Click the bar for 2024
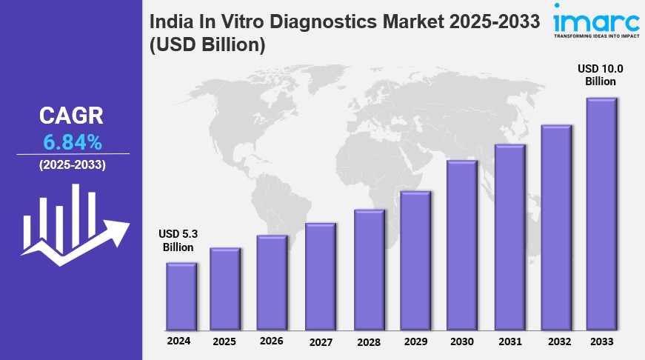[x=181, y=296]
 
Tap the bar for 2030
[x=461, y=245]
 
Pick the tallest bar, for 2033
[x=601, y=214]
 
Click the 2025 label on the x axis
[x=224, y=342]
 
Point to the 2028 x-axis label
[x=367, y=342]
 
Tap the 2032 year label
[x=557, y=342]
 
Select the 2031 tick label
[x=509, y=341]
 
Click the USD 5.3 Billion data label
[x=178, y=241]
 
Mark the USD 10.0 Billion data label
[x=601, y=75]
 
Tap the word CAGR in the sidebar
[x=71, y=116]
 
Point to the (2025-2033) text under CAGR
[x=72, y=164]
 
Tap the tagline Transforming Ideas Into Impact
[x=597, y=35]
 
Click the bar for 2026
[x=272, y=283]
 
